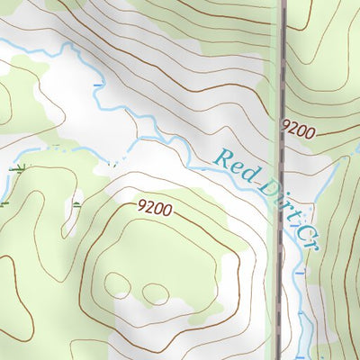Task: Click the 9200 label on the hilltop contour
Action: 155,208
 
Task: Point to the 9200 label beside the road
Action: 299,130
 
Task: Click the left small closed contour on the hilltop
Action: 117,285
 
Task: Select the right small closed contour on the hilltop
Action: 155,293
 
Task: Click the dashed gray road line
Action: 282,90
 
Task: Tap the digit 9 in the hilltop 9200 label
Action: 143,205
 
